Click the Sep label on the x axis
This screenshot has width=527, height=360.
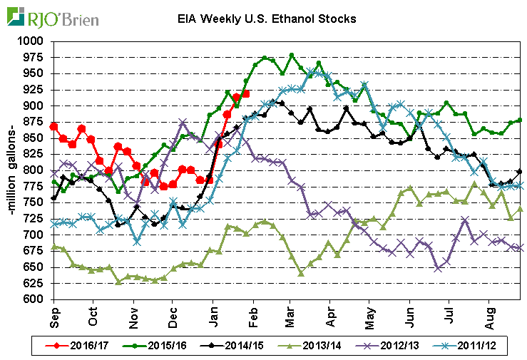tap(55, 314)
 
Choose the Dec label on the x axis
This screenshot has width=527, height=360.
tap(173, 314)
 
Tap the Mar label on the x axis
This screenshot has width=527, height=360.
tap(291, 314)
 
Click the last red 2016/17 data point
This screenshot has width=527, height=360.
tap(246, 93)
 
